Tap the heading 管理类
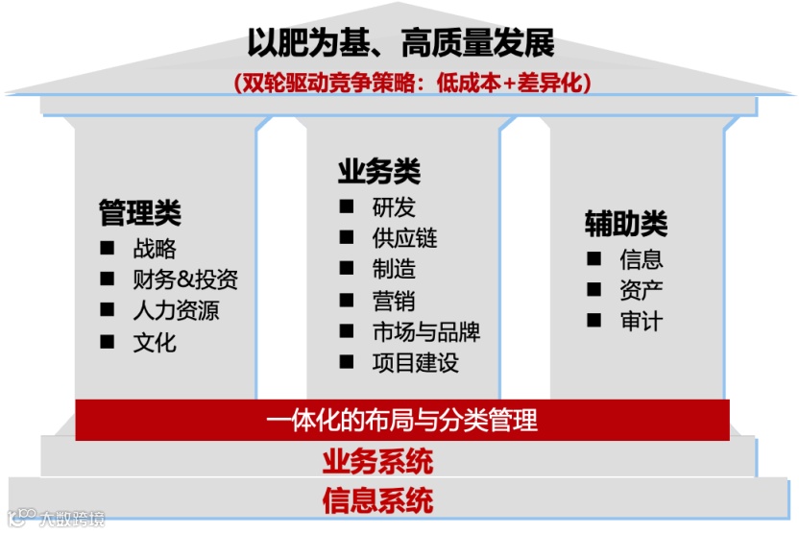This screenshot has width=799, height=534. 140,212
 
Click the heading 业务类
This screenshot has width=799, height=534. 379,172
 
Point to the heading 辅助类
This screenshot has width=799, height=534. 626,224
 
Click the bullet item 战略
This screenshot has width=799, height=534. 155,250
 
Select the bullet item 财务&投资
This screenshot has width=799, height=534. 185,280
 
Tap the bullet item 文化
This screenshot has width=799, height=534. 155,342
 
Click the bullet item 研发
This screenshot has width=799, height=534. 394,207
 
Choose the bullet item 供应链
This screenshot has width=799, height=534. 404,238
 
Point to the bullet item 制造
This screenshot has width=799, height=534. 394,269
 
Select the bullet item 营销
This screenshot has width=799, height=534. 394,301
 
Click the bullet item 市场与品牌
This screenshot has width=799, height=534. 425,332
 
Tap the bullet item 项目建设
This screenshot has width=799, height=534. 415,363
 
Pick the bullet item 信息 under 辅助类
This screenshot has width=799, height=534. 642,259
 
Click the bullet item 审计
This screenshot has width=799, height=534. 642,321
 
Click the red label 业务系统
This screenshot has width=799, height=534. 377,462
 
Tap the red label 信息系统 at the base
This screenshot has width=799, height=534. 377,500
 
